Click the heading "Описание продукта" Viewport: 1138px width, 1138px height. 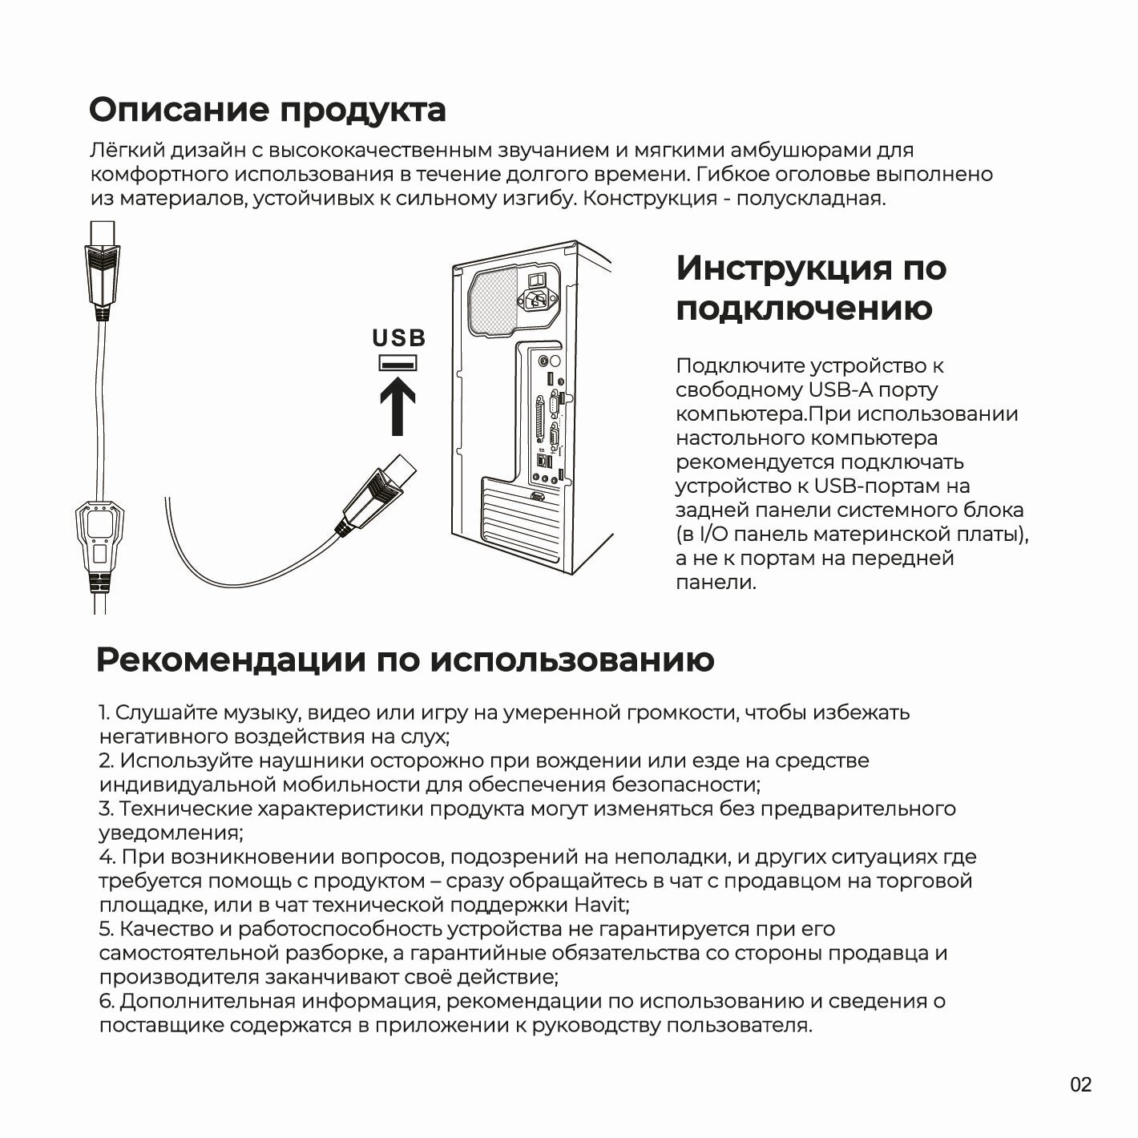[267, 110]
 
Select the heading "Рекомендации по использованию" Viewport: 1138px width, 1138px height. [405, 660]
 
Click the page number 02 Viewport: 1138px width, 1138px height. [1080, 1085]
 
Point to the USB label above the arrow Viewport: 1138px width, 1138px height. [398, 338]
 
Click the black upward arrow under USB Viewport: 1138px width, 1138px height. [397, 406]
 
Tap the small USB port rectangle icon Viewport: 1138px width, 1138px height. [397, 364]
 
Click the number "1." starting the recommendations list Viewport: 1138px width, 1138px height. [105, 712]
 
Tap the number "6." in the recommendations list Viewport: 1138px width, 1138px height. [107, 1001]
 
